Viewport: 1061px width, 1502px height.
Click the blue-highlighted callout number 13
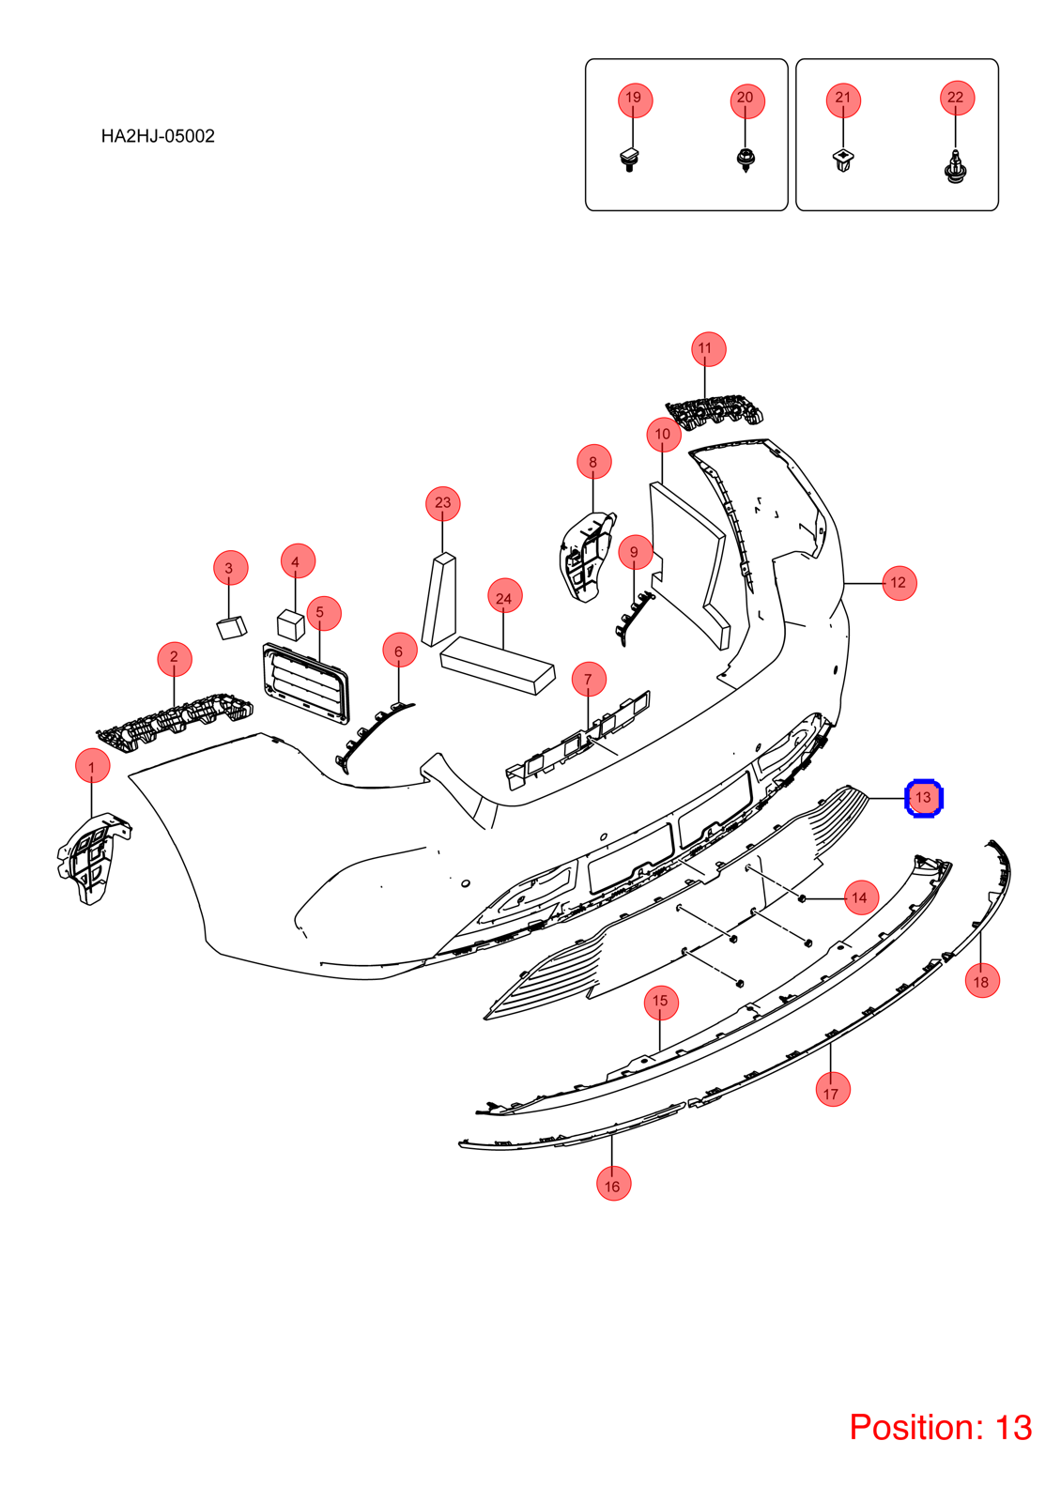(x=924, y=798)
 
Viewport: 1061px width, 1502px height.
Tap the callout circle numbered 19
(x=635, y=100)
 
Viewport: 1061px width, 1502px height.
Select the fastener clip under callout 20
(x=746, y=161)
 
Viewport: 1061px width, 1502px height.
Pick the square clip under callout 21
(x=842, y=161)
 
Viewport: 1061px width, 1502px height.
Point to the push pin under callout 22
(x=955, y=168)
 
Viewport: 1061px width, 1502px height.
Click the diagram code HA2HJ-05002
(x=158, y=136)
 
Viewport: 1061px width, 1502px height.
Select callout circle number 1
(x=93, y=765)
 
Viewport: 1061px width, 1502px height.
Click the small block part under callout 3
(x=231, y=628)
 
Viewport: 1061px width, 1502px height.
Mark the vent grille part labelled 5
(x=306, y=683)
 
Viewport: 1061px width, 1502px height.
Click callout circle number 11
(x=708, y=348)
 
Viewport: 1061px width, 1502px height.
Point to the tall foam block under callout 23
(x=439, y=600)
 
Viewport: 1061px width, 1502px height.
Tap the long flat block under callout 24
(x=498, y=666)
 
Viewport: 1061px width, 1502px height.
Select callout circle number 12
(x=899, y=583)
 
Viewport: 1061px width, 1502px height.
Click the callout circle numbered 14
(x=860, y=897)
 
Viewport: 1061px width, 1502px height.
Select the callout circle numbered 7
(x=589, y=679)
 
